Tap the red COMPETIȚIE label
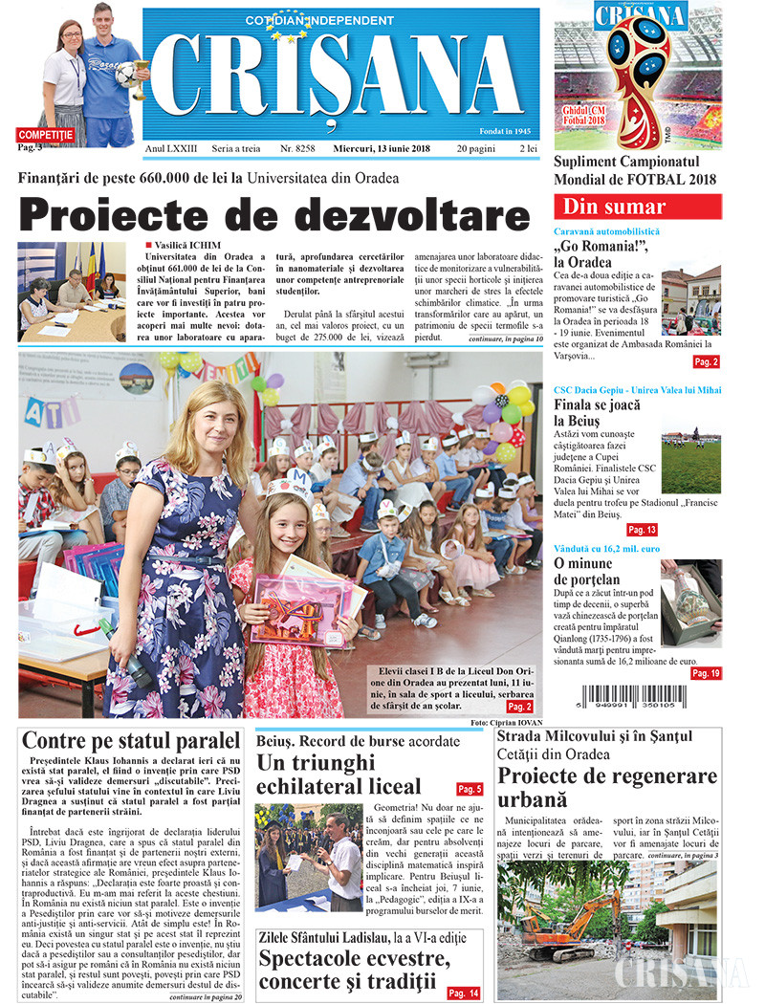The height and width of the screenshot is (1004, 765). click(x=45, y=135)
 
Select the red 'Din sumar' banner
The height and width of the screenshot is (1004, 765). click(x=637, y=207)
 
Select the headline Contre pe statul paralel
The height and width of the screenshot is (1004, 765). click(x=131, y=740)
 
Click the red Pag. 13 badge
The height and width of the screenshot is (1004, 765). click(x=642, y=530)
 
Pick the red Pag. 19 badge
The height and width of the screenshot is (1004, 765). click(x=706, y=673)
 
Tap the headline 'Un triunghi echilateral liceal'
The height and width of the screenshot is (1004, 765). click(x=339, y=774)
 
